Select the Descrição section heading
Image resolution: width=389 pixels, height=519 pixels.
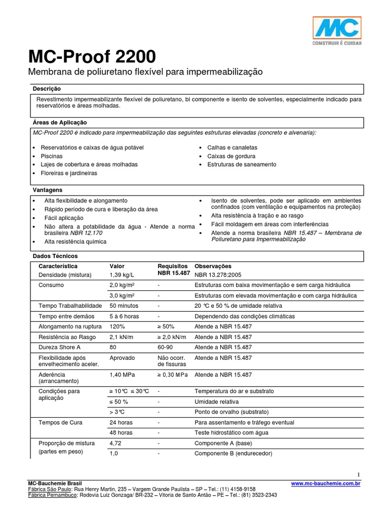(47, 89)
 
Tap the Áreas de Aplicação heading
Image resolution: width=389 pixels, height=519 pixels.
(60, 123)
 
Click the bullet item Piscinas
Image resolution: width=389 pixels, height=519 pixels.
(52, 156)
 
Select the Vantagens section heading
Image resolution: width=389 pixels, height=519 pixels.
(48, 190)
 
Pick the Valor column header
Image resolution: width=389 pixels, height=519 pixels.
(117, 266)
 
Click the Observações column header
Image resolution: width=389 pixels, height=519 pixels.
(213, 266)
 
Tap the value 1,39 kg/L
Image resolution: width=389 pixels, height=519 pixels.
(123, 275)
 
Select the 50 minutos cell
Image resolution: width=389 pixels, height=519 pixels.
(125, 306)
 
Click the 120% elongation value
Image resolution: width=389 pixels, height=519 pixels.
(117, 327)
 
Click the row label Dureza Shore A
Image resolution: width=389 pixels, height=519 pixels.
(59, 348)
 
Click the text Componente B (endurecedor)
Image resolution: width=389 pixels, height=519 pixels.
(234, 453)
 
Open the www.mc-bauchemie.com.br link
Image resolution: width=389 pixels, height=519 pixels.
(326, 484)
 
